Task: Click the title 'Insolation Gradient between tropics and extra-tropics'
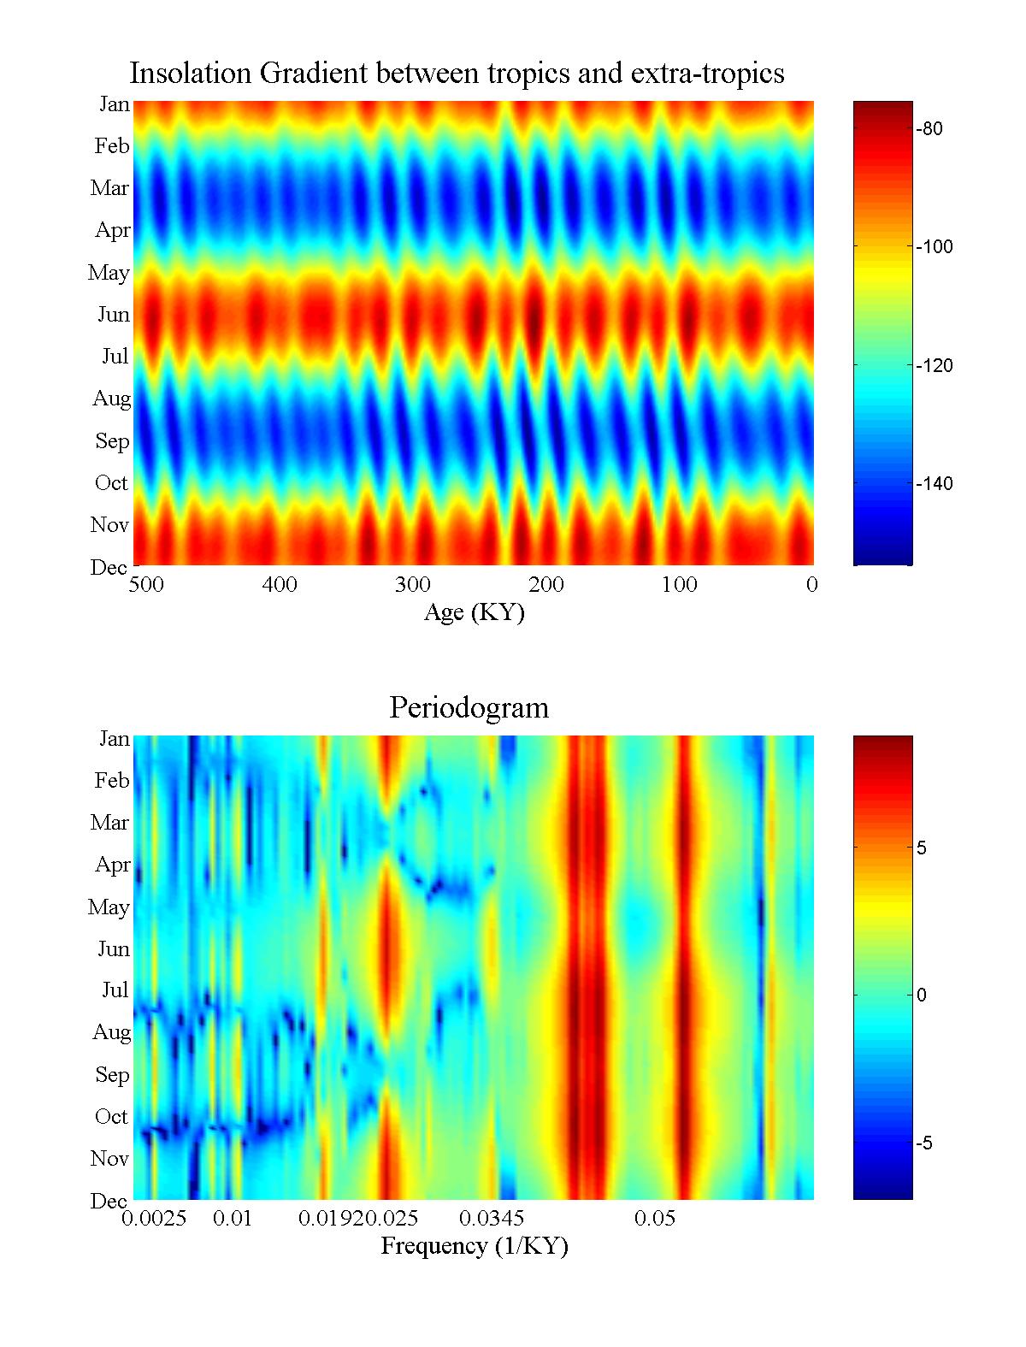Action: click(457, 74)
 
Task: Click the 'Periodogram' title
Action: click(469, 708)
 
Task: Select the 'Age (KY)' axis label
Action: click(474, 612)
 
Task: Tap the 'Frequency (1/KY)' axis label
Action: click(474, 1246)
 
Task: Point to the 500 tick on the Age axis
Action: click(145, 585)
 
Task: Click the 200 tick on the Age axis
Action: click(545, 585)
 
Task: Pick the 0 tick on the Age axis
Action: click(811, 585)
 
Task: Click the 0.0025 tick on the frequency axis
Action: click(154, 1219)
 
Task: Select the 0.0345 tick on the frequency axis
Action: click(492, 1219)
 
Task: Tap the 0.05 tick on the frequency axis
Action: click(655, 1219)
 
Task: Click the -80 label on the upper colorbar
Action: click(929, 129)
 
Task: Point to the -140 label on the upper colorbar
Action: click(933, 484)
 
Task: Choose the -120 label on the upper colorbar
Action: click(933, 366)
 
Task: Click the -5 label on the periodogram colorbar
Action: click(924, 1144)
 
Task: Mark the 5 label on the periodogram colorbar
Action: click(922, 848)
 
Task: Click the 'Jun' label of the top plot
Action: click(113, 315)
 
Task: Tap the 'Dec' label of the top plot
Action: click(109, 568)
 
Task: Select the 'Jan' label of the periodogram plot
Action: click(114, 739)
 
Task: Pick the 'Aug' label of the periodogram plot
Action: click(111, 1032)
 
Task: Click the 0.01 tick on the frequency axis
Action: click(233, 1219)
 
